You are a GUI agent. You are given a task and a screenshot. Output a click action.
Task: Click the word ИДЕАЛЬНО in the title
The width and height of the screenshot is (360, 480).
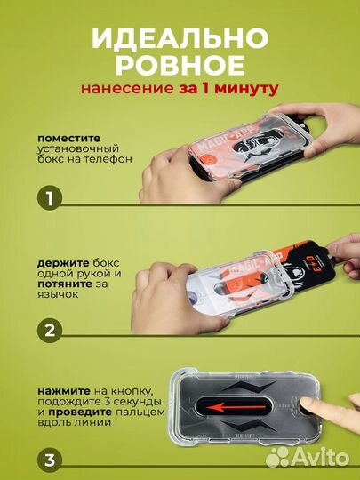(x=180, y=40)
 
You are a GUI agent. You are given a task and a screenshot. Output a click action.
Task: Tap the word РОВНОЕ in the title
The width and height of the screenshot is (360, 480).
(x=180, y=67)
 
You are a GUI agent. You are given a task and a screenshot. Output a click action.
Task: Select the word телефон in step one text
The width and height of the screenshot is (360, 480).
(x=108, y=160)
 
